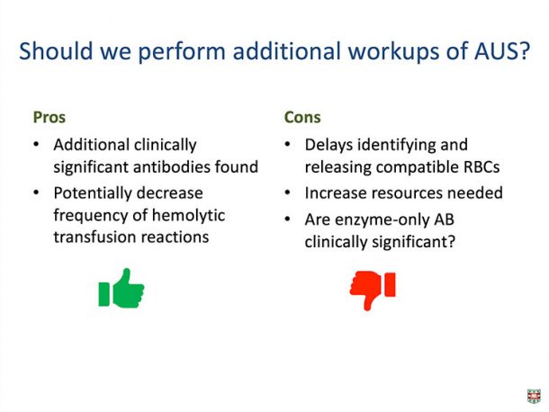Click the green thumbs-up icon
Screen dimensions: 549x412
(121, 289)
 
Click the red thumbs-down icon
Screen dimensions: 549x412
(373, 290)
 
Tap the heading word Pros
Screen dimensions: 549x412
(49, 117)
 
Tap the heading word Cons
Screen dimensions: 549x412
(302, 117)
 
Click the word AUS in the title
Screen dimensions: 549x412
(501, 51)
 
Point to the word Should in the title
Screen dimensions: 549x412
(56, 51)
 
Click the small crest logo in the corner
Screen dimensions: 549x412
(534, 396)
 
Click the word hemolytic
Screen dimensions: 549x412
(188, 215)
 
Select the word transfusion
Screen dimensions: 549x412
(94, 237)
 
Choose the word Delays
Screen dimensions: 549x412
(328, 145)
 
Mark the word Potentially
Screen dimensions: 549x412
(93, 193)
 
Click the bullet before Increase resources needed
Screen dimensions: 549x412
(288, 193)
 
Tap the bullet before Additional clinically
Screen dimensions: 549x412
(36, 144)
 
